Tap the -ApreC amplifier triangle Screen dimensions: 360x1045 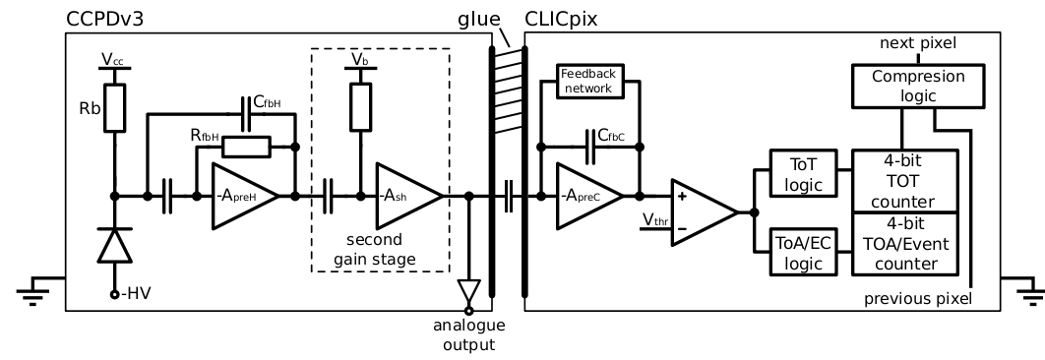588,197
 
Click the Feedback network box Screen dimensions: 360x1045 587,81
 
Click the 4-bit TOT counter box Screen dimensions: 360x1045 906,180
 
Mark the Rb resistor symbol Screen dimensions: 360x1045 114,106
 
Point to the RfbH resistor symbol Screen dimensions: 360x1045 245,148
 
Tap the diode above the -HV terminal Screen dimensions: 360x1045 114,246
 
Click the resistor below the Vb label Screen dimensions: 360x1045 359,106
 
